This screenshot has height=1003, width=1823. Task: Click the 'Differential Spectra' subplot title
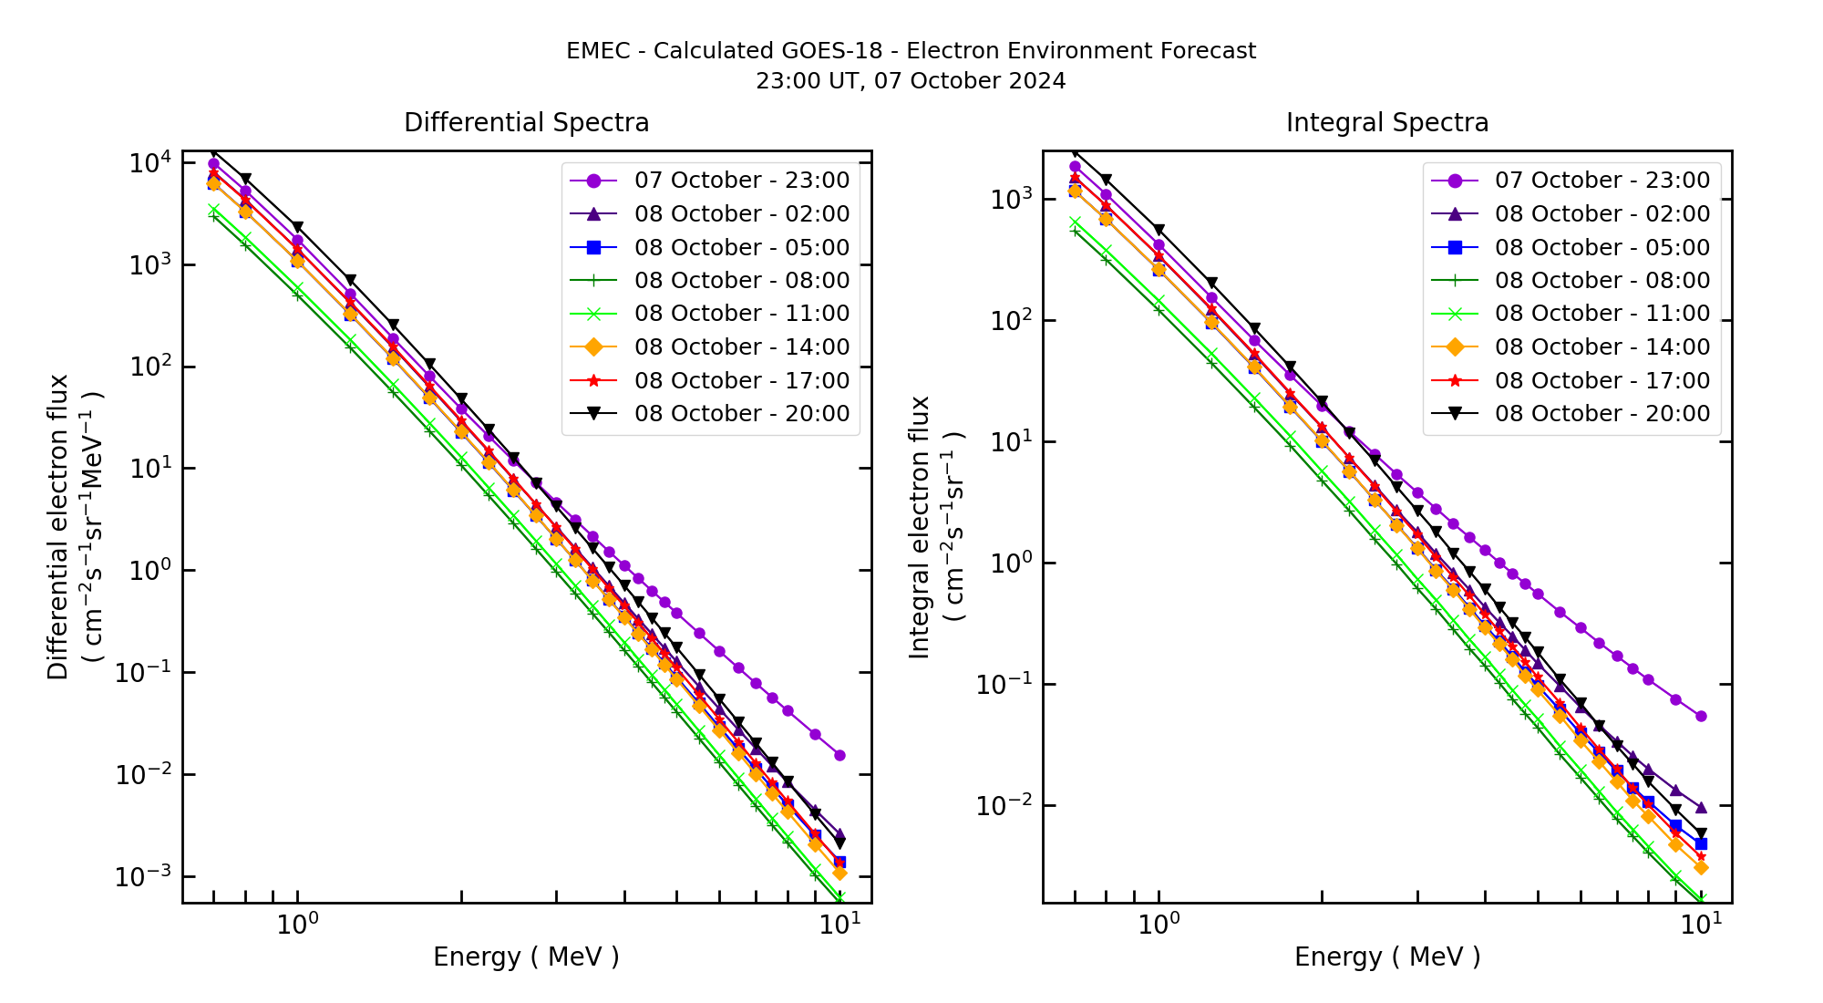tap(526, 123)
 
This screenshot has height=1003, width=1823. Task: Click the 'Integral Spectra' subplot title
tap(1386, 123)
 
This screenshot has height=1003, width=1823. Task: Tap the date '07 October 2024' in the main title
tap(970, 81)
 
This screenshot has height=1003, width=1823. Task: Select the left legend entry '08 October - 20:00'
tap(741, 414)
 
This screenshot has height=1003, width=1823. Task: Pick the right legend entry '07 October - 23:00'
tap(1602, 181)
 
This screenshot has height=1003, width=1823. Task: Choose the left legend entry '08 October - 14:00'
tap(741, 347)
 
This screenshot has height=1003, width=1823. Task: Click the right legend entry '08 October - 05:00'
tap(1602, 247)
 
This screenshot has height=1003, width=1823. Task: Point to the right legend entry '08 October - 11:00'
tap(1602, 314)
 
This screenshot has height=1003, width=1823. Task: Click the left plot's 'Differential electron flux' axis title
tap(58, 527)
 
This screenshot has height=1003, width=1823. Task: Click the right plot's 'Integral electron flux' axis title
tap(920, 527)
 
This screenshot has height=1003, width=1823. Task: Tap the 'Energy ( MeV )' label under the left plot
tap(526, 956)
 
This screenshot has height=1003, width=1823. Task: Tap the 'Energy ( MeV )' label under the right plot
tap(1386, 956)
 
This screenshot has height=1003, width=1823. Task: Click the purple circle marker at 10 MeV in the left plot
tap(839, 756)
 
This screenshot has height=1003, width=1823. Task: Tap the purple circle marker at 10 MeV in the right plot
tap(1701, 717)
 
